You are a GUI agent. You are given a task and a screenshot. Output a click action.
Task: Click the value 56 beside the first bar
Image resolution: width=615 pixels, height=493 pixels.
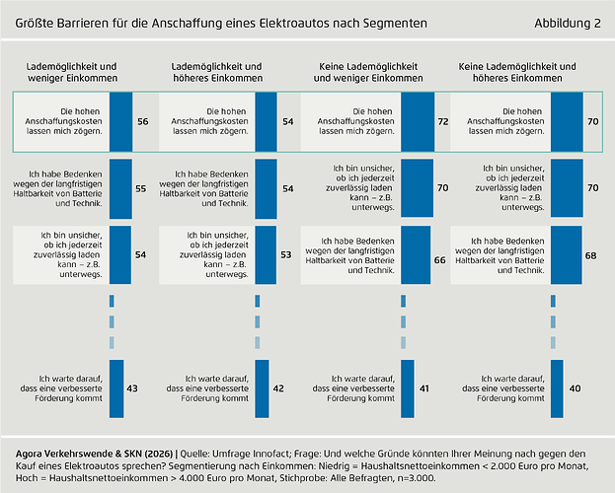point(143,120)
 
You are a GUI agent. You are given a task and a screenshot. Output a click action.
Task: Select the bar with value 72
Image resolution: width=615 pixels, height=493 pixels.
point(417,120)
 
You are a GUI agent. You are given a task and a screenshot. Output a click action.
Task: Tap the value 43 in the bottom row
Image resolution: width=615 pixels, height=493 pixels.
point(131,388)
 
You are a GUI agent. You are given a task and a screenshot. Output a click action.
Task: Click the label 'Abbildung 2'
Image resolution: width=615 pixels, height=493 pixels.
point(567,22)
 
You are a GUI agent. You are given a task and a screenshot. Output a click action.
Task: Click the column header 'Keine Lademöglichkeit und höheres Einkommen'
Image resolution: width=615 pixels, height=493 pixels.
point(519,71)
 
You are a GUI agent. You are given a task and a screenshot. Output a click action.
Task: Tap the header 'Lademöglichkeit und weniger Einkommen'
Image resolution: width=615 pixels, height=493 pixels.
point(72,71)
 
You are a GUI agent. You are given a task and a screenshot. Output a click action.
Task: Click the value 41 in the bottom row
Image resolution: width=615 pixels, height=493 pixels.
point(423,388)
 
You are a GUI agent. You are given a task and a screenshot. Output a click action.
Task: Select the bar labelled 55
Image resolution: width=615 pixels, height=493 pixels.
point(119,187)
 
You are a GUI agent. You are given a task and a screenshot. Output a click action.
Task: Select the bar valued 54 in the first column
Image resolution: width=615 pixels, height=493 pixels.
point(119,254)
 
